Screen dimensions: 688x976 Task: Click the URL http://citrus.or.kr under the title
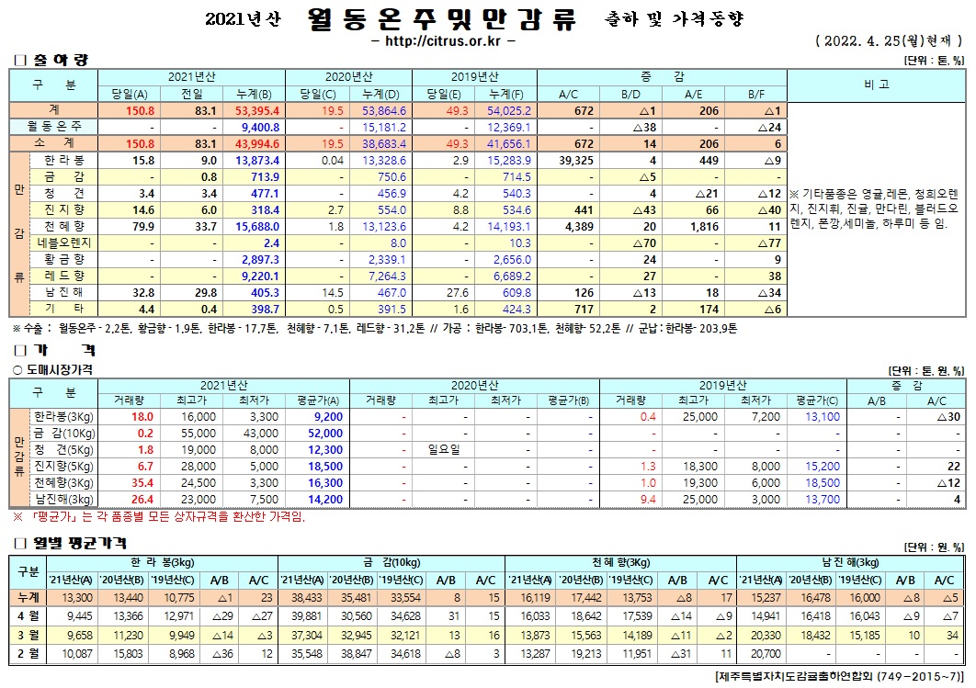tap(445, 40)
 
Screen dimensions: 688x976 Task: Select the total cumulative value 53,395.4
tap(257, 110)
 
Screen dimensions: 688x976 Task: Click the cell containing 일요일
tap(443, 450)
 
